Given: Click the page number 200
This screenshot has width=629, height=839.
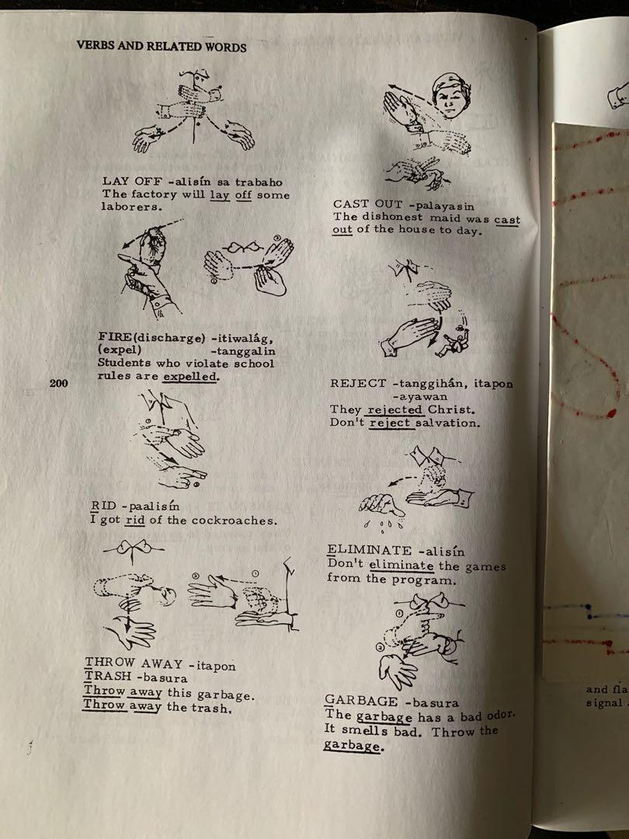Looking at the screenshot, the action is click(58, 382).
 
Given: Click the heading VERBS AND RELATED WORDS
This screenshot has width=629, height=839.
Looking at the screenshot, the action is click(162, 46).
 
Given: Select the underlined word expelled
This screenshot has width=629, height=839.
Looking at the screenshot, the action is click(190, 376).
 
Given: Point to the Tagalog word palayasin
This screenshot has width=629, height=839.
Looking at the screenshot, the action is click(445, 206).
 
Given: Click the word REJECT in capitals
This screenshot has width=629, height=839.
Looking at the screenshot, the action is click(358, 383).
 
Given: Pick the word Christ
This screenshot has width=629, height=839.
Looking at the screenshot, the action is click(450, 410).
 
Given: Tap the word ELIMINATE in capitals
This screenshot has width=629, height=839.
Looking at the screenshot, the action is click(369, 550).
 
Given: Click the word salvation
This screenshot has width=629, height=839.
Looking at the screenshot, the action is click(448, 423).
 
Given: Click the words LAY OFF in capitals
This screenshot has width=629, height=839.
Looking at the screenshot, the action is click(131, 181).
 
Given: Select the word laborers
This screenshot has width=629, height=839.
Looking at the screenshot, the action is click(131, 207).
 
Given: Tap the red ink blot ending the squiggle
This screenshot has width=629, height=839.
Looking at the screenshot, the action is click(611, 413).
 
